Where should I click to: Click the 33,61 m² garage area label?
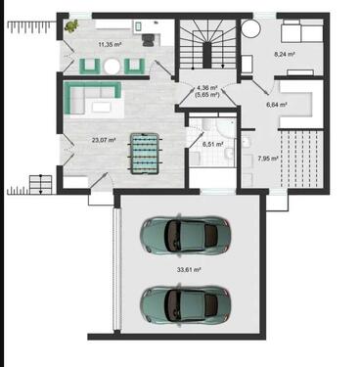point(189,270)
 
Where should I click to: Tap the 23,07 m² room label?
point(104,141)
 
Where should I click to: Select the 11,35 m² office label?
point(110,44)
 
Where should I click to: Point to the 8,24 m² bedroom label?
point(285,55)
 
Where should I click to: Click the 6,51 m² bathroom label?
point(212,144)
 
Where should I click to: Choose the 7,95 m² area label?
point(268,159)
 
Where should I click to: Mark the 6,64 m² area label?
point(277,105)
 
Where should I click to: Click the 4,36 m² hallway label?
point(207,88)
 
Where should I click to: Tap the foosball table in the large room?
point(144,152)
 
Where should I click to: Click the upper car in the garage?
point(185,234)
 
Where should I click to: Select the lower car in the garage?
point(185,304)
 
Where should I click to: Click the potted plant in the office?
point(71,26)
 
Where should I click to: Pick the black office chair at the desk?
point(149,39)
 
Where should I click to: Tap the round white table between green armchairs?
point(112,67)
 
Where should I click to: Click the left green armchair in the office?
point(90,66)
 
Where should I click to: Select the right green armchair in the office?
point(134,66)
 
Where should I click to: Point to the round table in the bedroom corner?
point(251,28)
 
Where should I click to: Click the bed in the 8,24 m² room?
point(301,30)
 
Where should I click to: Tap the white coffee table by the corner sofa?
point(101,108)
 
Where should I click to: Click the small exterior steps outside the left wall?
point(40,185)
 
